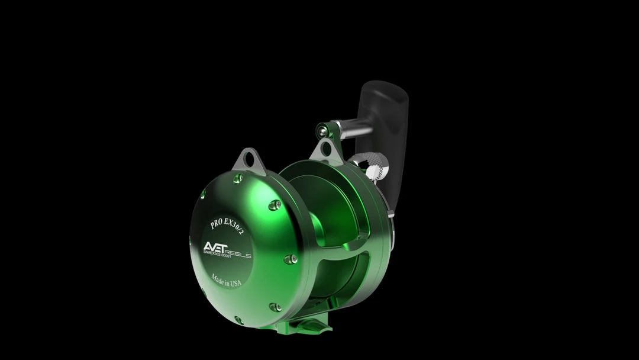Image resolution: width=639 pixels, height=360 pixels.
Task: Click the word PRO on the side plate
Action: (217, 224)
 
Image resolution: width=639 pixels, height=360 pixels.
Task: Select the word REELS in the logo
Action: (238, 255)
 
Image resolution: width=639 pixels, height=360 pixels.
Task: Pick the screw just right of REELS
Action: (290, 259)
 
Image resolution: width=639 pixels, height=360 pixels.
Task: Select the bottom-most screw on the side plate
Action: (238, 320)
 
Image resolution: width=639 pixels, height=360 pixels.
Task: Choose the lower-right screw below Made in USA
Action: (275, 307)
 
